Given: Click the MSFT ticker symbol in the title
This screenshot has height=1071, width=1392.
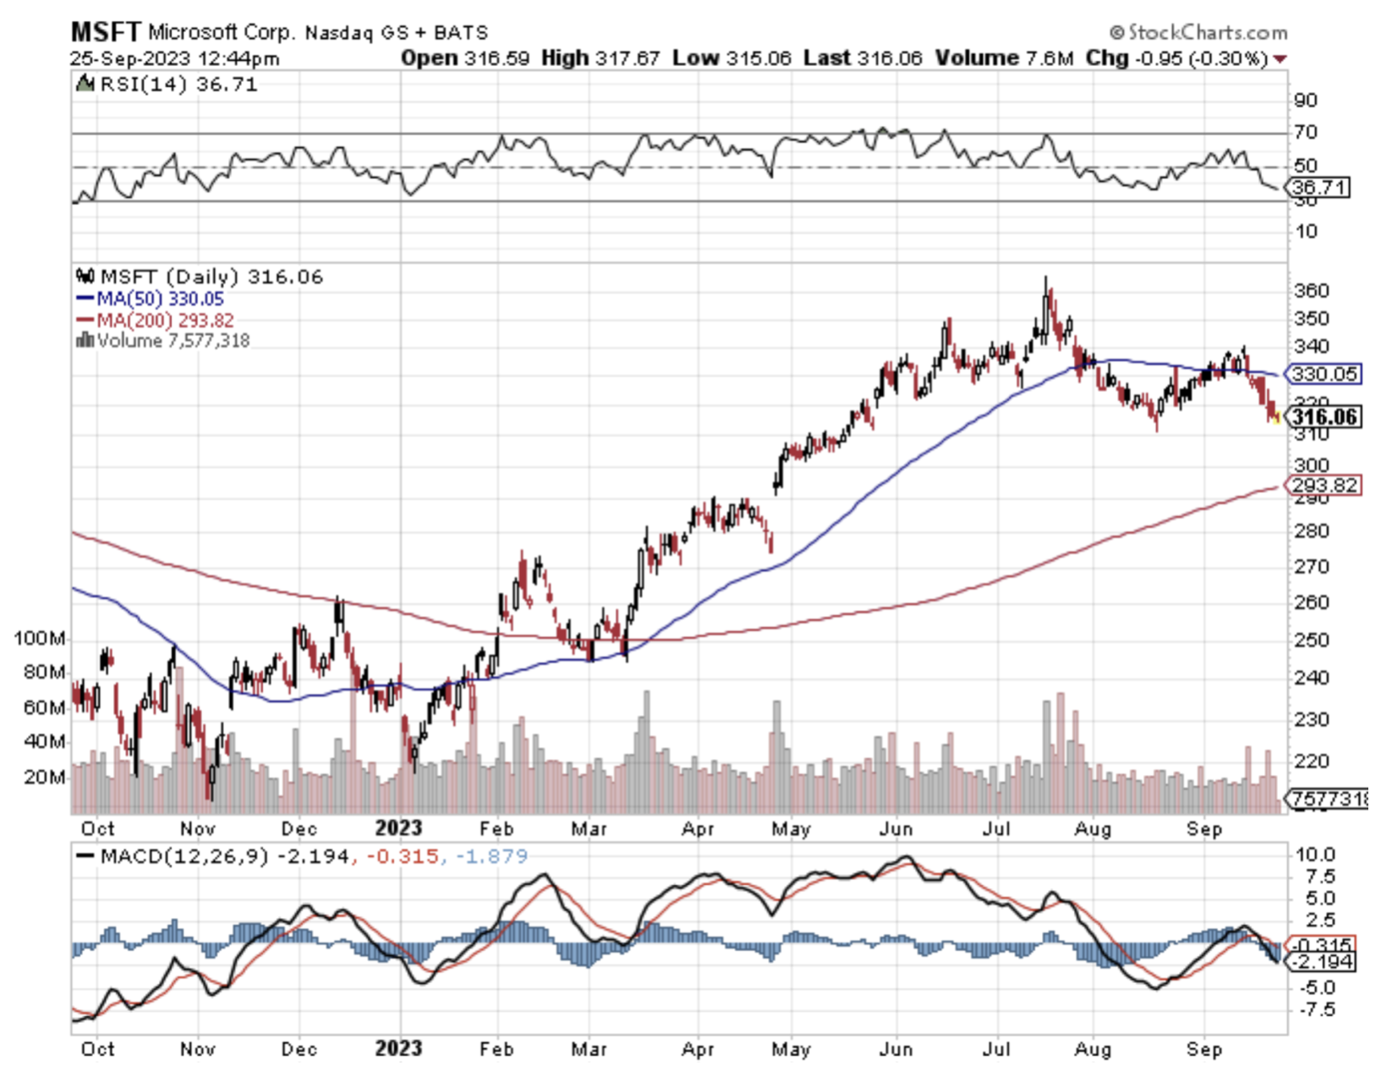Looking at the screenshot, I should point(105,32).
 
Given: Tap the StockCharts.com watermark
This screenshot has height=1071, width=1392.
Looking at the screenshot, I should point(1198,32).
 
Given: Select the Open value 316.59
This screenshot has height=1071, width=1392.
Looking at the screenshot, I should point(497,58).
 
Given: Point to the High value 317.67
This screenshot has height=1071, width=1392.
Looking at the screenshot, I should point(627,58).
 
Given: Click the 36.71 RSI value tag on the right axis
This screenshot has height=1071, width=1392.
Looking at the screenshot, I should point(1319,187).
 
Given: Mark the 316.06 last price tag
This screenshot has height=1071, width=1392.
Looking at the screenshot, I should point(1324,416).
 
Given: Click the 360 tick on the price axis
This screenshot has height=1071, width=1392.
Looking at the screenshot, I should point(1312,291).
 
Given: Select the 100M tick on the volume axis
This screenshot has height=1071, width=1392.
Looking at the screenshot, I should point(39,638).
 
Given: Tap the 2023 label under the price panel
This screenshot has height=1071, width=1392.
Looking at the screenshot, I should point(398,828).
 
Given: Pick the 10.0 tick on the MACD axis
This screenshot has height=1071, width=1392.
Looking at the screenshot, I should point(1316,854).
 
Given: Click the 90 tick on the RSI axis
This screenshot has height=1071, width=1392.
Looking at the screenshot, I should point(1306,101).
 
